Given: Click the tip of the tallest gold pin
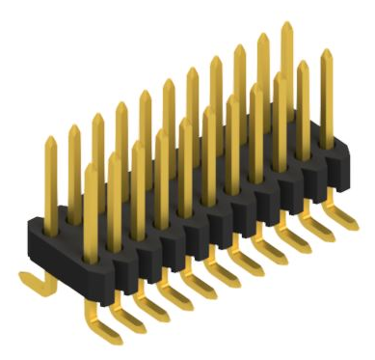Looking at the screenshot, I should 286,26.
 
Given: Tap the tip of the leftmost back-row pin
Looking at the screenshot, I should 49,141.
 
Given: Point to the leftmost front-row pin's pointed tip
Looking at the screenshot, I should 92,167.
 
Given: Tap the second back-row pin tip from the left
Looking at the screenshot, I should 73,128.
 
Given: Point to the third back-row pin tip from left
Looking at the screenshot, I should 97,117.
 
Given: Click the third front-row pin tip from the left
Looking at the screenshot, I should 138,145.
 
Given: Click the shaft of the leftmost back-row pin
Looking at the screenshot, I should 50,179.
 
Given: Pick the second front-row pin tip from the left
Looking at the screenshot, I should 115,155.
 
